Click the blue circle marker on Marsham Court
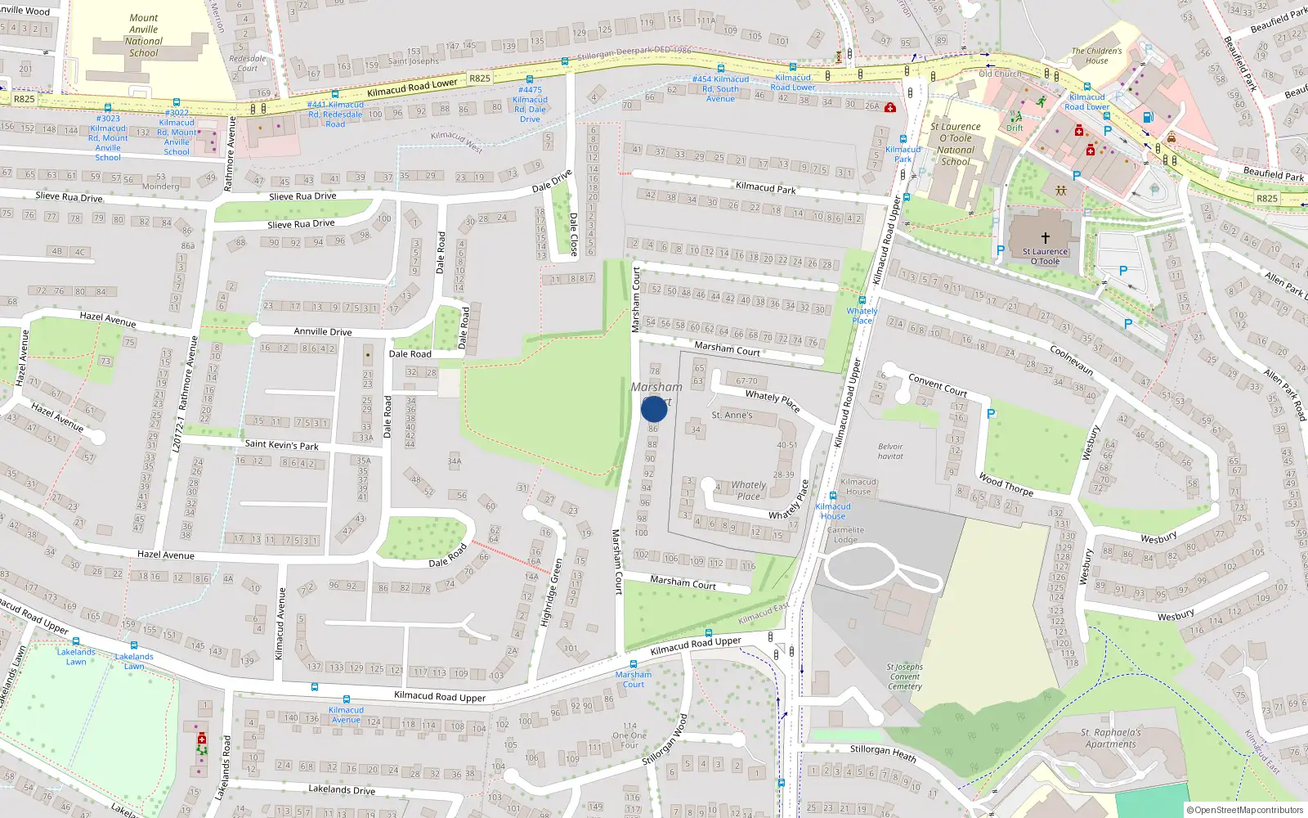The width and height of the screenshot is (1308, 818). click(x=654, y=409)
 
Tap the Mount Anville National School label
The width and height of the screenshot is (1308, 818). click(x=144, y=35)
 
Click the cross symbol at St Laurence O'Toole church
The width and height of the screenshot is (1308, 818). click(x=1045, y=238)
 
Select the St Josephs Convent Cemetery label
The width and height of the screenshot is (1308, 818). click(x=905, y=676)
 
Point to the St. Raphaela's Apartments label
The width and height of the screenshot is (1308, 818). click(x=1110, y=738)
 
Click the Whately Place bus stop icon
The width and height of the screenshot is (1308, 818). click(x=862, y=300)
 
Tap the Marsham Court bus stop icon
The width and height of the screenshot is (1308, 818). click(x=633, y=664)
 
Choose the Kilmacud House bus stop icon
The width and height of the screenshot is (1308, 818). click(x=832, y=496)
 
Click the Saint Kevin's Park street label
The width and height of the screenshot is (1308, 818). click(x=281, y=445)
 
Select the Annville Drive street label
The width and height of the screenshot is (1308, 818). click(x=323, y=331)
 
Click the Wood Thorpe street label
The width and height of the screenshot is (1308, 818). click(x=1006, y=484)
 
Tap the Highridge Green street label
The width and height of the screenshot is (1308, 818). click(x=553, y=593)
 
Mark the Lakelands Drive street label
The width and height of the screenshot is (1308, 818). click(x=342, y=789)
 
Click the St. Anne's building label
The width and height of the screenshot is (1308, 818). click(x=732, y=416)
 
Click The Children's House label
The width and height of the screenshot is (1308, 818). click(x=1097, y=56)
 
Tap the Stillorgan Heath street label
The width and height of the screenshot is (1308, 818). click(x=883, y=751)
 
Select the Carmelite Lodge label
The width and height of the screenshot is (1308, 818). click(x=845, y=535)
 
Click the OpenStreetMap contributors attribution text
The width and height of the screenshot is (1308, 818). click(x=1244, y=810)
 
